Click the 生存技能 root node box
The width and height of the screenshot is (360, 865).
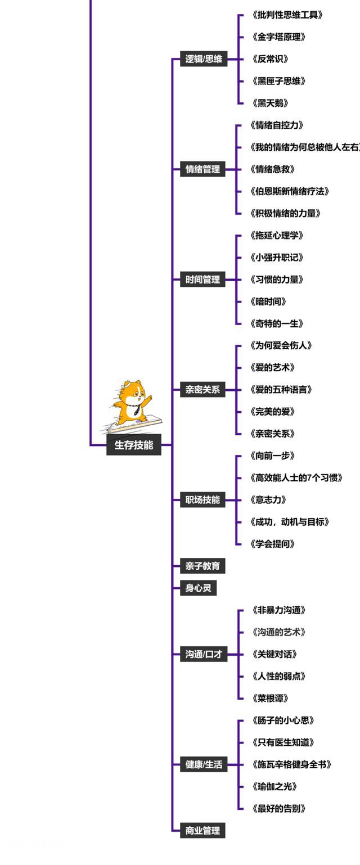coord(134,445)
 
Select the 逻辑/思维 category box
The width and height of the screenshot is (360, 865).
coord(204,58)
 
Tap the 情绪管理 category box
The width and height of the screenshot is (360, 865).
coord(202,169)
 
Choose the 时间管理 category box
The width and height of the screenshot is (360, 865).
coord(202,279)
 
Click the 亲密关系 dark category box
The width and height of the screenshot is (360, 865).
coord(202,389)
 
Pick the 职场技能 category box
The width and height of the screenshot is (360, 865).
coord(202,499)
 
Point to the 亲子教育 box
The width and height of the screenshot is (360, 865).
coord(202,566)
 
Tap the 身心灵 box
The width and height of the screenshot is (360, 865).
coord(198,588)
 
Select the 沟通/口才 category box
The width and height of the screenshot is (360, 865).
coord(204,654)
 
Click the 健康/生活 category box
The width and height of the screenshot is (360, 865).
coord(204,764)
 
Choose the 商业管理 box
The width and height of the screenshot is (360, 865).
coord(202,830)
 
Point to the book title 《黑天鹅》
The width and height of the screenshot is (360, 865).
coord(271,103)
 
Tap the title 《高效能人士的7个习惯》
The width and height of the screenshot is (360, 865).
coord(296,477)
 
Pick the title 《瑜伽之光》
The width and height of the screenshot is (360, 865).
coord(274,786)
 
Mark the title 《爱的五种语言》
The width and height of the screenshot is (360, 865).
coord(281,389)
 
